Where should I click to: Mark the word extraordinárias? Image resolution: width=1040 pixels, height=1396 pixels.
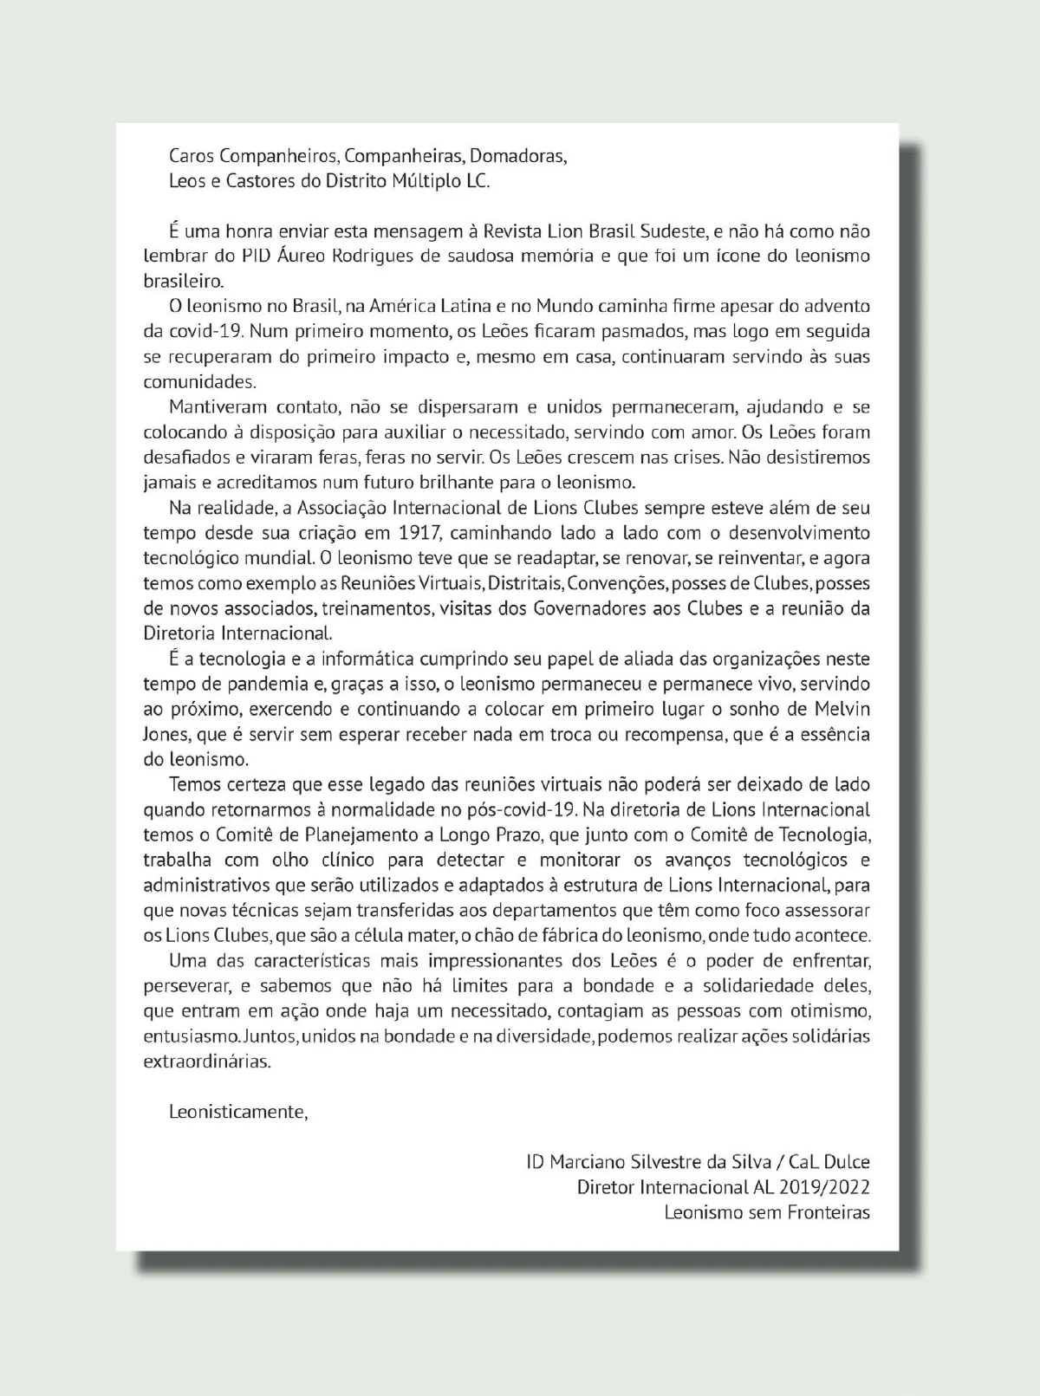207,1062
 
